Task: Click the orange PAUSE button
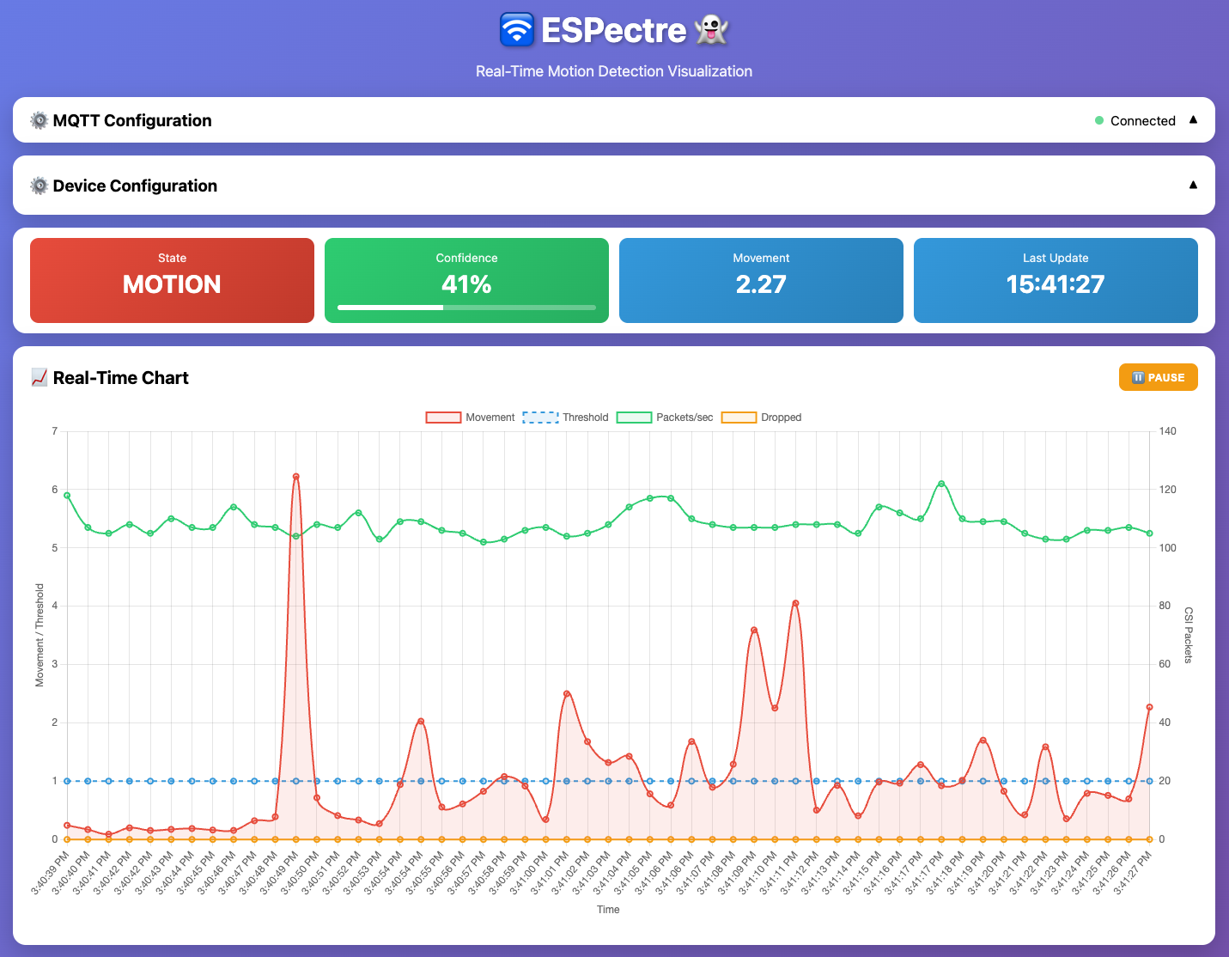(1158, 377)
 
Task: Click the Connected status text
(1142, 121)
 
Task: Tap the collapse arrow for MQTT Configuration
(1193, 120)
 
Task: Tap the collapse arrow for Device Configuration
(1193, 185)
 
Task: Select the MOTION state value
(172, 284)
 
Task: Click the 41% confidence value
(466, 284)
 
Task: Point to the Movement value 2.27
(761, 284)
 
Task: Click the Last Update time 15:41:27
(1055, 284)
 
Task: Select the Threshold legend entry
(566, 418)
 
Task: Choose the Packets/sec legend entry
(665, 418)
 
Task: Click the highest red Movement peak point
(295, 476)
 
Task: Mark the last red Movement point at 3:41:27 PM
(1149, 707)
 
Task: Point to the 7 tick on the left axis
(55, 431)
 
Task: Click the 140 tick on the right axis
(1167, 431)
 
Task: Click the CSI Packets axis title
(1189, 635)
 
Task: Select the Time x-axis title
(608, 909)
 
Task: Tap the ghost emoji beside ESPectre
(711, 30)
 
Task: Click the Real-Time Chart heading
(120, 378)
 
